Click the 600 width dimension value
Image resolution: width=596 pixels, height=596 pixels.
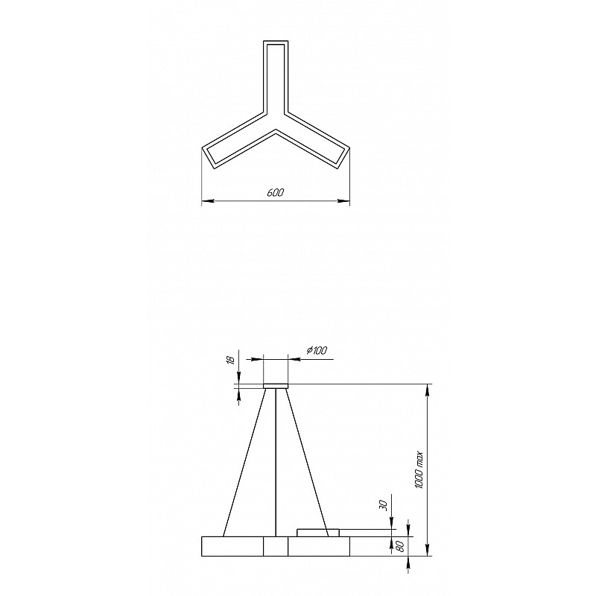point(276,193)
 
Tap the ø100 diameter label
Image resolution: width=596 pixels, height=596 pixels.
point(316,350)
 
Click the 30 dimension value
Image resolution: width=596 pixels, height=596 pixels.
point(384,506)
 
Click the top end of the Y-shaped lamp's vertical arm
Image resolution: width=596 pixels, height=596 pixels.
point(276,41)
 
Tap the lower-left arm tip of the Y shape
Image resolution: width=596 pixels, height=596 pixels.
point(208,156)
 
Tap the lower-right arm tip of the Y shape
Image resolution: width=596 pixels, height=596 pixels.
point(343,156)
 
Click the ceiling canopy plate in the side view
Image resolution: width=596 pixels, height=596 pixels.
point(276,386)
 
